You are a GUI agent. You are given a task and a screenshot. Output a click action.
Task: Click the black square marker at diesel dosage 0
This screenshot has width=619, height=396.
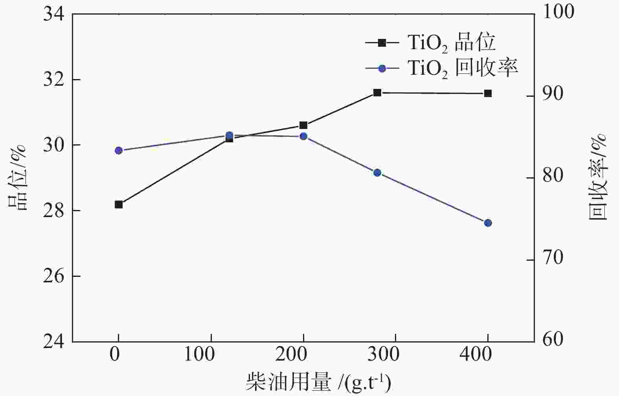coord(119,204)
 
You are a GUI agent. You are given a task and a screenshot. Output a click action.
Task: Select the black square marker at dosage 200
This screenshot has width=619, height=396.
coord(303,125)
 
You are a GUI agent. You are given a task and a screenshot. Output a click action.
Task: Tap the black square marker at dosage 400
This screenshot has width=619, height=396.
coord(488,94)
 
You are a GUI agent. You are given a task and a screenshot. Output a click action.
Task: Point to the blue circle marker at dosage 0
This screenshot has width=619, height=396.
coord(119,151)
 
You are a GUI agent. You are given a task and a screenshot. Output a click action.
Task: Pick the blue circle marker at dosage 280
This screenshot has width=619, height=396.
coord(377,173)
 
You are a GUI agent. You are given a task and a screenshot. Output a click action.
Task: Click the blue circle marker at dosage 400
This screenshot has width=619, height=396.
coord(488,223)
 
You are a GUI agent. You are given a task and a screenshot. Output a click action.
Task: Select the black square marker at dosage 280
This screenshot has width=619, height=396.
coord(377,93)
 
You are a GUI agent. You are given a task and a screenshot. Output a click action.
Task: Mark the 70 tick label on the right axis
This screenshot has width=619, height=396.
coord(553,258)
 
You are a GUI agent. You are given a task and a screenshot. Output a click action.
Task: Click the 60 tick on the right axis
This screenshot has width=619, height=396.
coord(553,339)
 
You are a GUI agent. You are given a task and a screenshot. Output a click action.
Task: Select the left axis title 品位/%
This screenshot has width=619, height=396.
coord(17,177)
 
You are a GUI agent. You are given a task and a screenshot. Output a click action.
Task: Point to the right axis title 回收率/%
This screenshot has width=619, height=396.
coord(597,177)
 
